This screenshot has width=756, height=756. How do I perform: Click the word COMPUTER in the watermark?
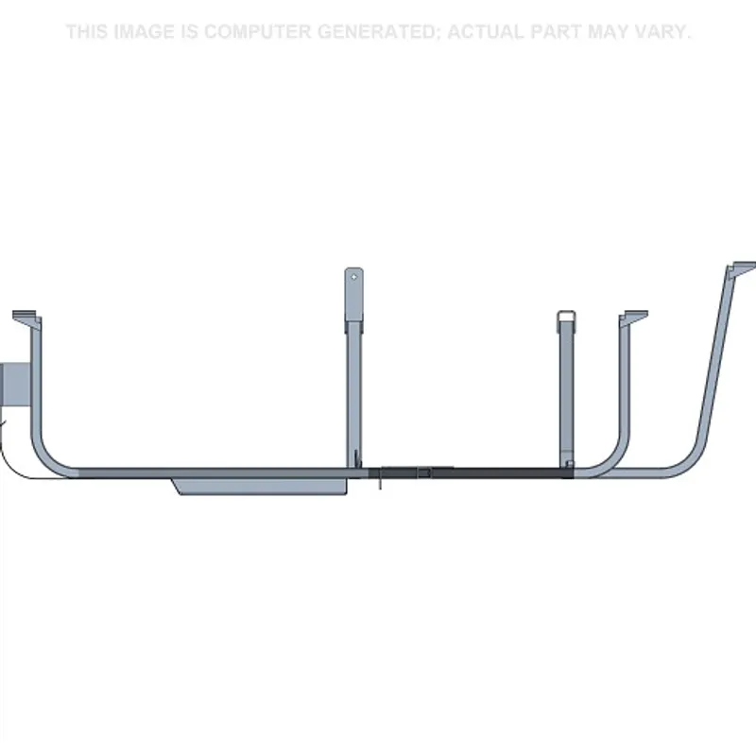coord(257,32)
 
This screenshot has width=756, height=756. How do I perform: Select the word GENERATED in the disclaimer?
coord(378,32)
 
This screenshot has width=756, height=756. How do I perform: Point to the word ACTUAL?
coord(485,32)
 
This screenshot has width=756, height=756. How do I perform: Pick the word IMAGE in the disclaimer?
coord(145,32)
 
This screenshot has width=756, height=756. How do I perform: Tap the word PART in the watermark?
coord(556,32)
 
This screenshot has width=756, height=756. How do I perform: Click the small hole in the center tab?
coord(354,277)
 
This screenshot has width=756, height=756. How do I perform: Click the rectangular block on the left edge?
coord(15,385)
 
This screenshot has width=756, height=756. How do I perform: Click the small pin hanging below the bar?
coord(380,482)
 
